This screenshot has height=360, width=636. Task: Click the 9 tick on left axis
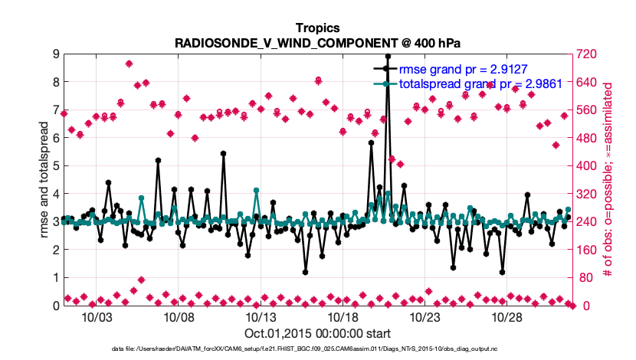click(56, 54)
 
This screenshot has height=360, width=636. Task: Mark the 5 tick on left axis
click(56, 165)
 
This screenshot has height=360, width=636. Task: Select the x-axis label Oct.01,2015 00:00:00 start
click(317, 333)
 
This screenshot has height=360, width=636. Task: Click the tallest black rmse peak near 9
click(388, 57)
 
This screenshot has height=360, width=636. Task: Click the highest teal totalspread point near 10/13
click(256, 191)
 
